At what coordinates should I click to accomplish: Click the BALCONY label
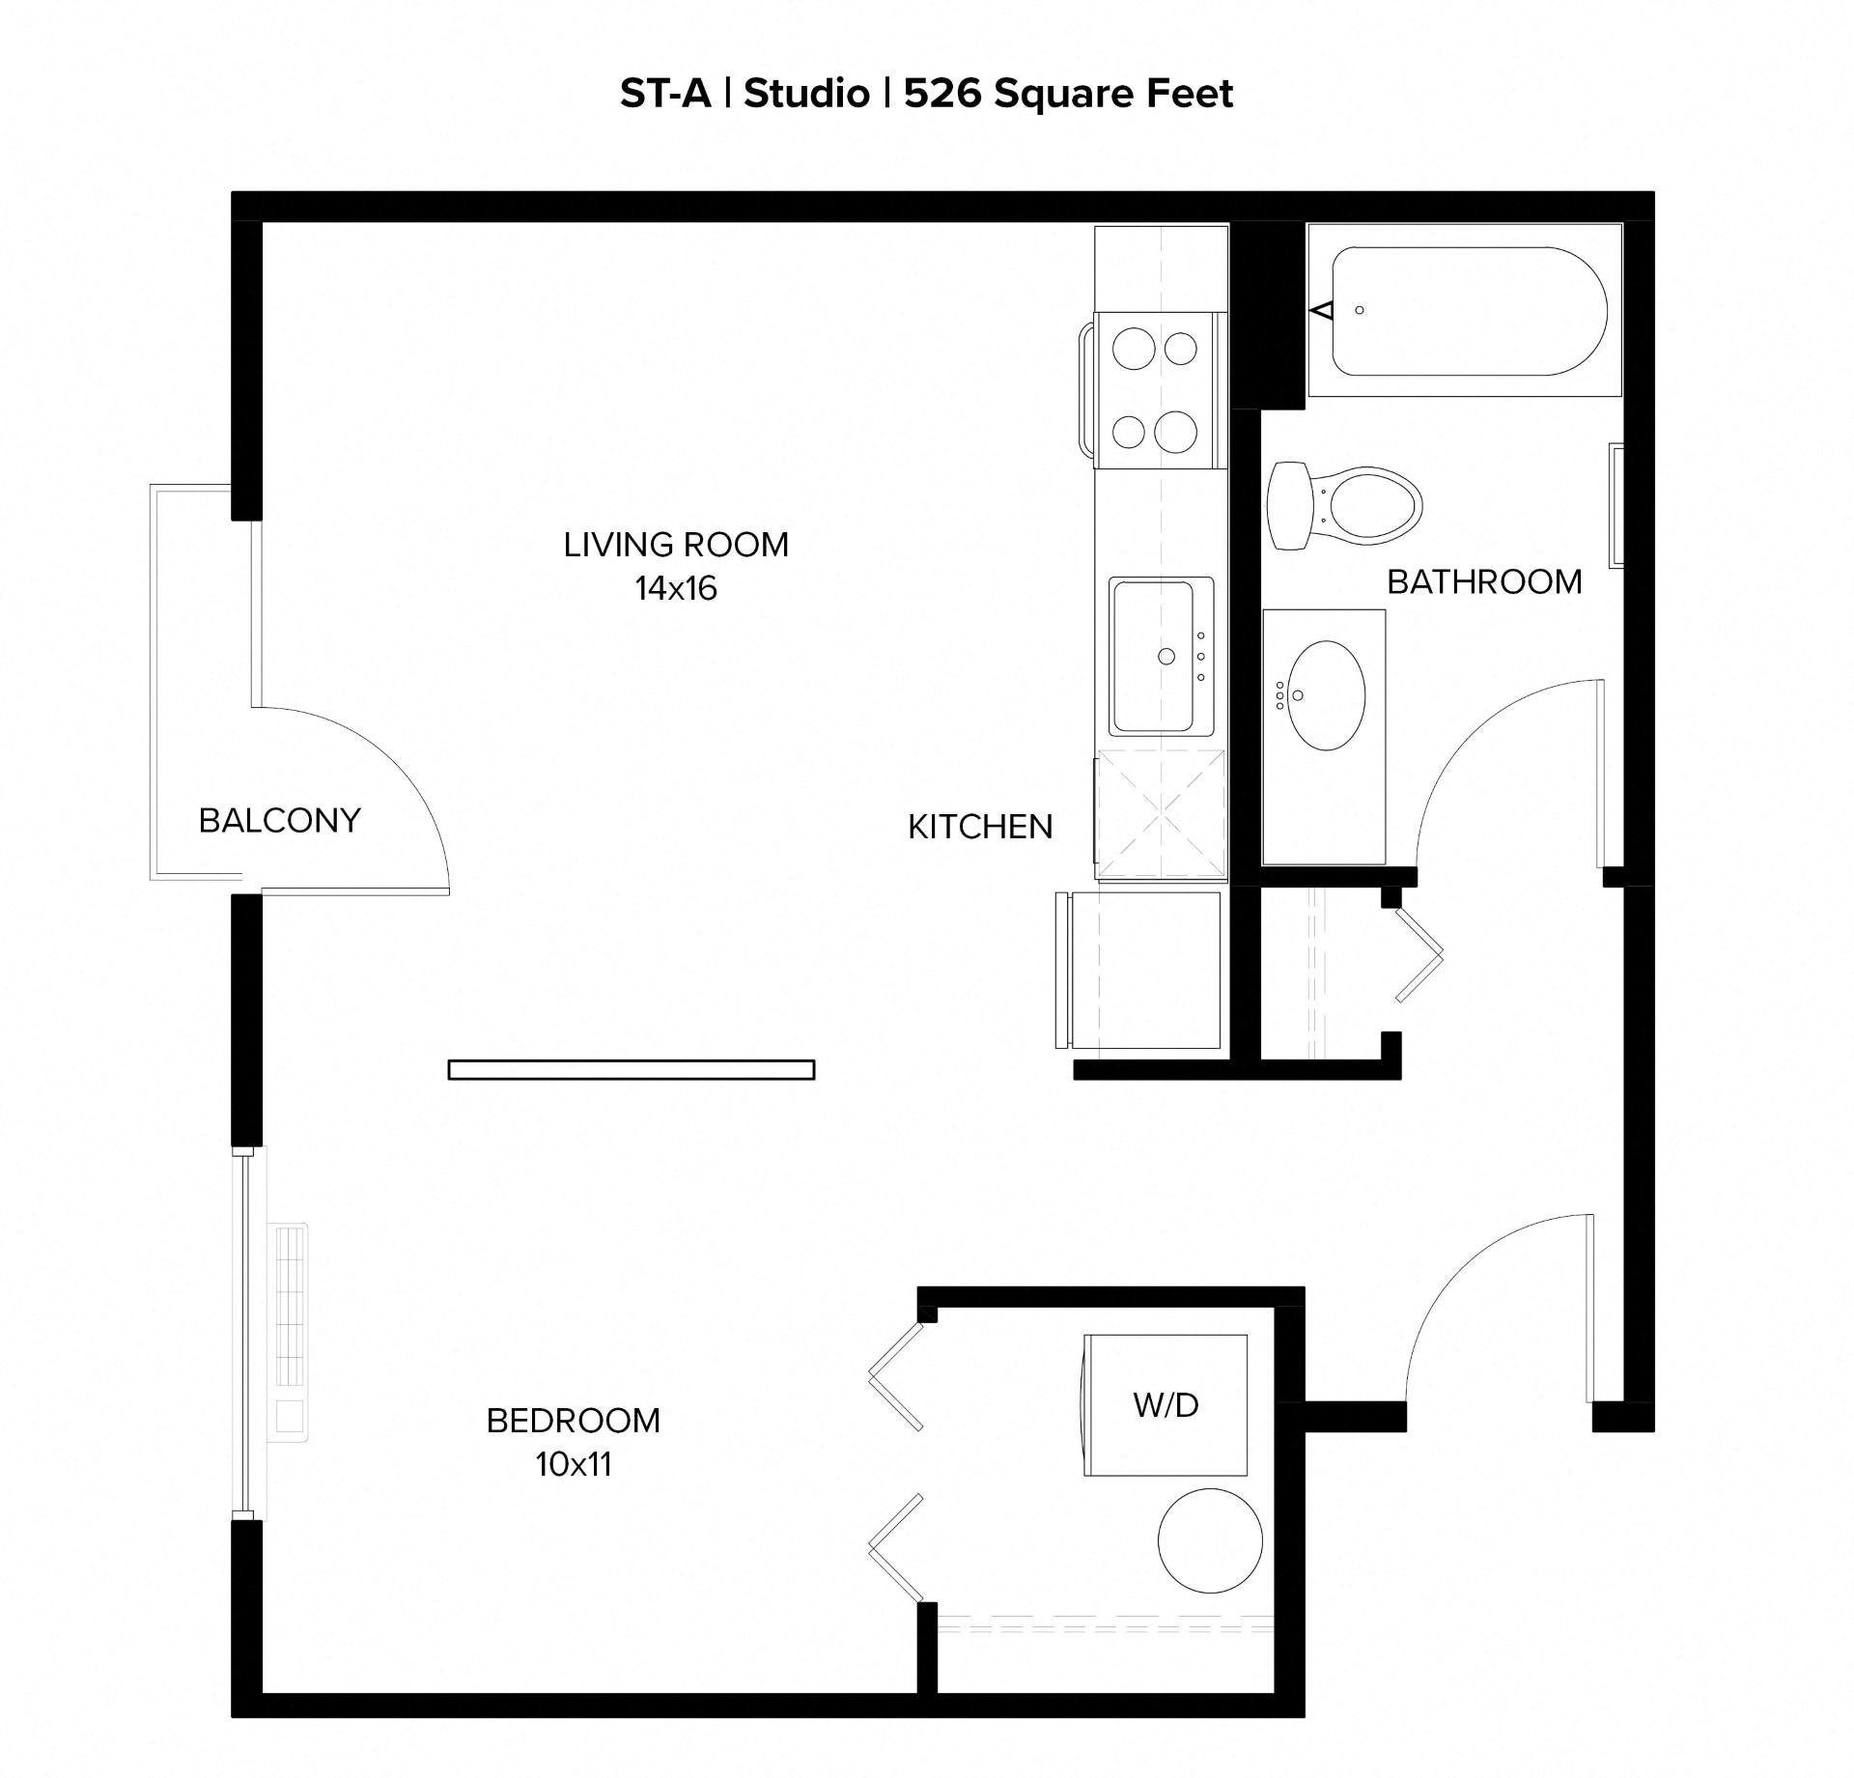[279, 821]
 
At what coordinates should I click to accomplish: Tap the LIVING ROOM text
[676, 546]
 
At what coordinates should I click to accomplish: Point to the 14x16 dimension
[676, 588]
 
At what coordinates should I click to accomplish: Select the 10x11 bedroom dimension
[574, 1464]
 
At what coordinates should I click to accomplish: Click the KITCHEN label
[980, 827]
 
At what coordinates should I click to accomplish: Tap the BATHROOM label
[1484, 582]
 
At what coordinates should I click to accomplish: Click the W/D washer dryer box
[1166, 1405]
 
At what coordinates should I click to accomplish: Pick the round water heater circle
[1210, 1540]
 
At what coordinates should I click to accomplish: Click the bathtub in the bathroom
[1464, 310]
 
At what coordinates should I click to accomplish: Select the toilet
[1344, 505]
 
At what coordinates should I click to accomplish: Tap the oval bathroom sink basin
[1328, 695]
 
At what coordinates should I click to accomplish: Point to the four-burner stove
[1154, 390]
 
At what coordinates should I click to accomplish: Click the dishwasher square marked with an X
[1161, 814]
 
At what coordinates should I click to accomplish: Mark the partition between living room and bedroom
[632, 1069]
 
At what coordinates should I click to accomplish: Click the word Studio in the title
[806, 94]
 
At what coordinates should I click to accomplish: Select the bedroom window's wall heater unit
[291, 1334]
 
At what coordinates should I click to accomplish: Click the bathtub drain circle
[1360, 310]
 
